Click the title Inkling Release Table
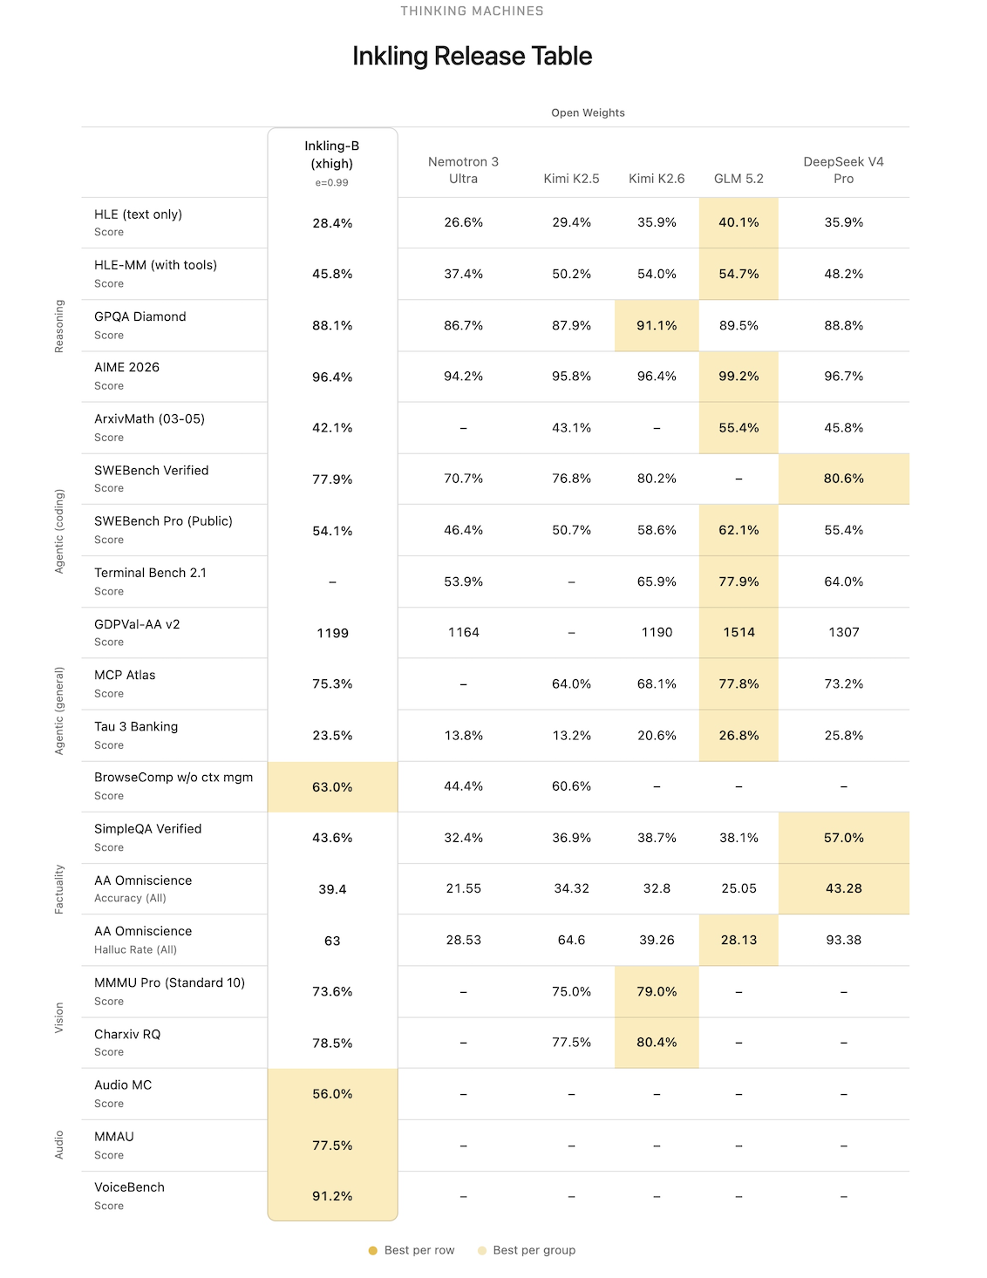coord(472,57)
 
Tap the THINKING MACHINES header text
coord(472,11)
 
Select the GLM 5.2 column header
coord(739,179)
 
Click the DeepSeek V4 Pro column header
coord(843,170)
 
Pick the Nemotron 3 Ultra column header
coord(463,170)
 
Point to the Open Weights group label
coord(588,113)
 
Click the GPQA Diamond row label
coord(140,316)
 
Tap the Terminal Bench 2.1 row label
coord(150,573)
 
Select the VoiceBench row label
coord(129,1187)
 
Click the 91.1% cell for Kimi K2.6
coord(657,326)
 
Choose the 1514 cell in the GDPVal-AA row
coord(739,633)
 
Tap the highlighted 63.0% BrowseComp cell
coord(332,787)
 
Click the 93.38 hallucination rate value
coord(843,941)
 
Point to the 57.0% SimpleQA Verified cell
coord(843,838)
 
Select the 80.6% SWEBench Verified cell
coord(843,479)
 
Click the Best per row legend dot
coord(372,1250)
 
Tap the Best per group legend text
coord(534,1250)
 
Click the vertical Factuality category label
coord(58,889)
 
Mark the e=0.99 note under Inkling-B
coord(331,183)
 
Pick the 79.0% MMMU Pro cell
coord(657,991)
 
